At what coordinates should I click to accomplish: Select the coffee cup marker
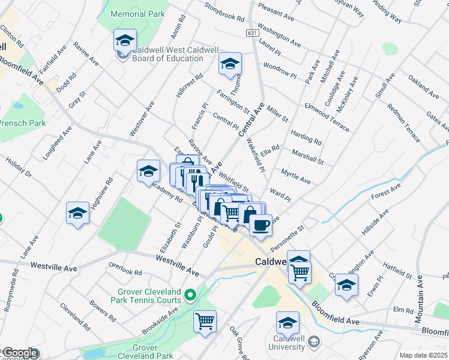[x=260, y=226]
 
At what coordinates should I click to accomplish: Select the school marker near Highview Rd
[x=77, y=214]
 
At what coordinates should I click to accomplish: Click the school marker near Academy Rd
[x=148, y=172]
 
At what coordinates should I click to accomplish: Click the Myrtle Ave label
[x=296, y=176]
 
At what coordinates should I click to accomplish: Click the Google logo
[x=20, y=353]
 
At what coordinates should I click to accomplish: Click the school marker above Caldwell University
[x=288, y=323]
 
